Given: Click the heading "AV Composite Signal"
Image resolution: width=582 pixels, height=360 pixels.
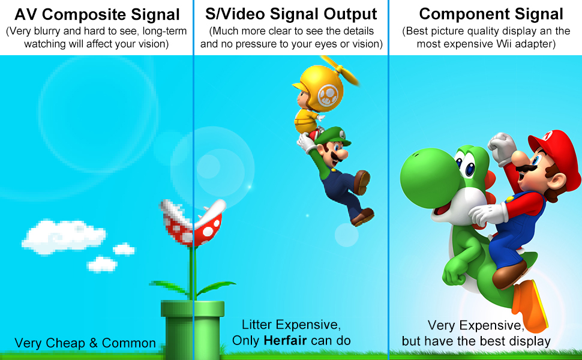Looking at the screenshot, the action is point(97,15).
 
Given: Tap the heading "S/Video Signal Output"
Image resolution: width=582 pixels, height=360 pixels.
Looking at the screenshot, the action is point(291,14).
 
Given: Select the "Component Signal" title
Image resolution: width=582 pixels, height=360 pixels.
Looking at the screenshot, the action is point(491,14).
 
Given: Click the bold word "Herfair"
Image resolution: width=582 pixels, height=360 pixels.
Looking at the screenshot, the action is point(285,340).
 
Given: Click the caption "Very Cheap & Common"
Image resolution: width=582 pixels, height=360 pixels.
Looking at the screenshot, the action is point(85,343).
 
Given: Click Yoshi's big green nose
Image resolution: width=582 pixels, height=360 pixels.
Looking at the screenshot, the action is point(427,178).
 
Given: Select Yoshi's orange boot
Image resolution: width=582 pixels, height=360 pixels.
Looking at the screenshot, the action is point(529,306).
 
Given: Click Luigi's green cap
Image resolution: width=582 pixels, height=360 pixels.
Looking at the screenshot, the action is point(334,137).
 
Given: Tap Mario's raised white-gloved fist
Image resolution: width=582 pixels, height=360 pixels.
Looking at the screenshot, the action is point(502,148).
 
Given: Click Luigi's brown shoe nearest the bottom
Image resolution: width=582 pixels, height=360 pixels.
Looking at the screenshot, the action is point(362,217).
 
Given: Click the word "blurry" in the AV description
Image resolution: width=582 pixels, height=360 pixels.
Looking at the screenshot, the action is point(49,31).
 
